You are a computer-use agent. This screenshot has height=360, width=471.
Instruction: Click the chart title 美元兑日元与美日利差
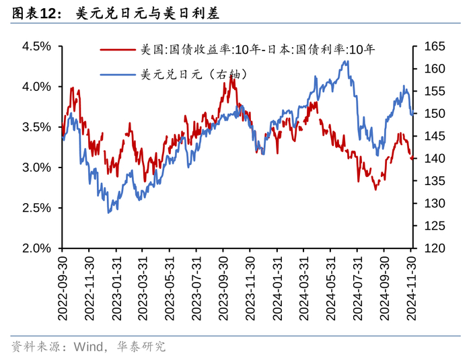[x=147, y=13]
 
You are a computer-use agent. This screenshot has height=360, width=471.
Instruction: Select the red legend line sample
[x=118, y=49]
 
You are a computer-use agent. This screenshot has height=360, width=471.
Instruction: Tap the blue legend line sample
[x=118, y=74]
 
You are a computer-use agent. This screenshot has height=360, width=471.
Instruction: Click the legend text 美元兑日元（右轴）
[x=194, y=74]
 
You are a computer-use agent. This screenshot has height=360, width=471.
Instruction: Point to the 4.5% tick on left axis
[x=36, y=46]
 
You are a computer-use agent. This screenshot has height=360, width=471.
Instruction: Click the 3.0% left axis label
[x=36, y=168]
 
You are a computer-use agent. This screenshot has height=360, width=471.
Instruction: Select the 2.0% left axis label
[x=36, y=248]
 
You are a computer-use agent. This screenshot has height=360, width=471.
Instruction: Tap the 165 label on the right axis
[x=435, y=46]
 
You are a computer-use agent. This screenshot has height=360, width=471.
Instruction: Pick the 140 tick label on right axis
[x=435, y=158]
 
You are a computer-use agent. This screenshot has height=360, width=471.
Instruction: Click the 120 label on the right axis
[x=435, y=248]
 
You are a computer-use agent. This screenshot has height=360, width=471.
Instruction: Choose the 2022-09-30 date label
[x=63, y=288]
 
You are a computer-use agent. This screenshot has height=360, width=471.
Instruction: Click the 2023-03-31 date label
[x=143, y=288]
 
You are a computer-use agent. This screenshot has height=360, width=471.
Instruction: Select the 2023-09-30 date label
[x=223, y=288]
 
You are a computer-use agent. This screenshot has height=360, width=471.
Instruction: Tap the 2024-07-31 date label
[x=357, y=288]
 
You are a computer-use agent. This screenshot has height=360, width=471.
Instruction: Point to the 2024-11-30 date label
[x=411, y=288]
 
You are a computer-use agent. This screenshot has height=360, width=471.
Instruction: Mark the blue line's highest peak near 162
[x=345, y=61]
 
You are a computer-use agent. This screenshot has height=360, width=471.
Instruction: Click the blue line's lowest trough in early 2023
[x=108, y=213]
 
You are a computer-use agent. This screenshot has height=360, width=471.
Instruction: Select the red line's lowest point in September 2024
[x=375, y=190]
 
